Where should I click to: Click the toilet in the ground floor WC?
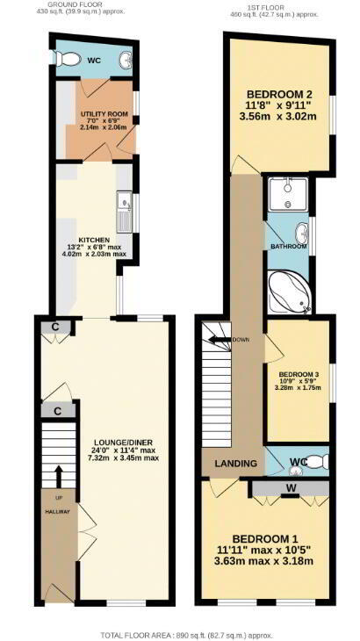[x=65, y=59]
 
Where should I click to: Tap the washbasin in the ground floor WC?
[x=125, y=61]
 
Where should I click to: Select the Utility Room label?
[x=104, y=113]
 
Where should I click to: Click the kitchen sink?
[x=124, y=212]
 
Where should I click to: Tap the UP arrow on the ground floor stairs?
[x=59, y=476]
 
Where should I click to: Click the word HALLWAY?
[x=57, y=511]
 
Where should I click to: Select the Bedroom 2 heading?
[x=277, y=92]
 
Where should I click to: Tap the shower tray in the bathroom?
[x=288, y=193]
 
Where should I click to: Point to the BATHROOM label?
[x=288, y=247]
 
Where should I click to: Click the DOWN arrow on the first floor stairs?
[x=220, y=339]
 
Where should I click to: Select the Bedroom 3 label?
[x=299, y=374]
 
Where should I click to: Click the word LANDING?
[x=236, y=464]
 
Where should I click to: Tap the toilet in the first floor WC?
[x=317, y=462]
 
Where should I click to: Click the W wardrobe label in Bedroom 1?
[x=291, y=487]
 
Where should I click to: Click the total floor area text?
[x=180, y=635]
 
